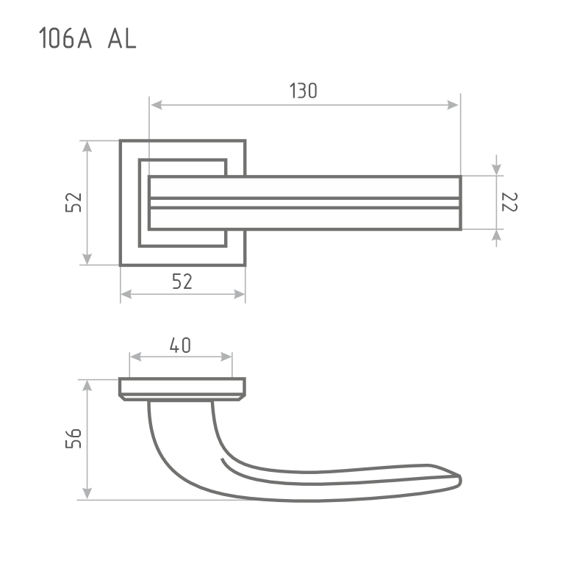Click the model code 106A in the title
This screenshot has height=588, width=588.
[x=65, y=38]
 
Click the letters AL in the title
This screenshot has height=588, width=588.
[x=122, y=38]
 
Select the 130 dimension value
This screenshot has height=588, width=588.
[x=304, y=90]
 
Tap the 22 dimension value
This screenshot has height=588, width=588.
[x=509, y=202]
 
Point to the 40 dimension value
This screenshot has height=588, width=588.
[x=180, y=345]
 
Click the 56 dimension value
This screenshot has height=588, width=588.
[x=73, y=438]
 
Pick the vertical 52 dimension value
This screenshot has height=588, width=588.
[x=73, y=203]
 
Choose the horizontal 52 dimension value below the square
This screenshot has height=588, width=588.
[x=182, y=282]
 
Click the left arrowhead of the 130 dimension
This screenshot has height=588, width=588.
[x=156, y=105]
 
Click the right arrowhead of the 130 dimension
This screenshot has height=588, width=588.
[x=453, y=105]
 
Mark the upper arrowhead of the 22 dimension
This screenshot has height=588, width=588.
[x=497, y=169]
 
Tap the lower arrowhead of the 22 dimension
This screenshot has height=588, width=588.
[x=497, y=235]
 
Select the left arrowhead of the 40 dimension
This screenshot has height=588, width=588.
[x=135, y=356]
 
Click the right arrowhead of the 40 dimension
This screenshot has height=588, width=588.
[x=226, y=356]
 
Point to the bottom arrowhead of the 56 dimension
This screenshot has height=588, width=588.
[x=87, y=493]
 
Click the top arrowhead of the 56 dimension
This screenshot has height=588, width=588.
[x=87, y=386]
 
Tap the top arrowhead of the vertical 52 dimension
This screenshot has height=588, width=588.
[x=87, y=146]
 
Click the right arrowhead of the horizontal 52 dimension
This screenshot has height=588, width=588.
[x=240, y=295]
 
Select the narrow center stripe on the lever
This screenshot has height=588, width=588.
[x=305, y=203]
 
